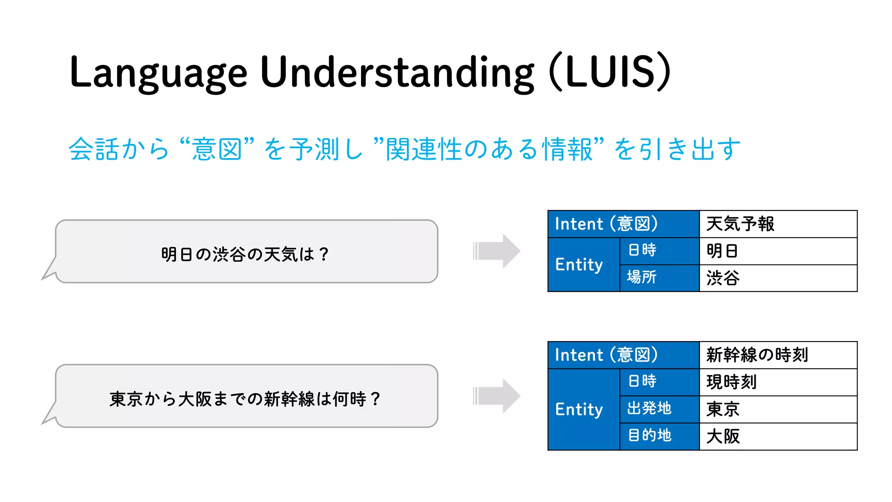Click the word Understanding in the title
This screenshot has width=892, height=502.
397,72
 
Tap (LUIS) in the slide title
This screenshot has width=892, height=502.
610,72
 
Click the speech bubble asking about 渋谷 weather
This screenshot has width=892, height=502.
246,252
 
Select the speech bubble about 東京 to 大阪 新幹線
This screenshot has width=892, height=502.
246,397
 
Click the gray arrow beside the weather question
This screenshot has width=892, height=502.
497,251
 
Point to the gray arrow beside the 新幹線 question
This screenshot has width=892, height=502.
497,396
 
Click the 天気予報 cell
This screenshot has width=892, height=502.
778,224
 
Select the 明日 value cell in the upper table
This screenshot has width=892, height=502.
778,251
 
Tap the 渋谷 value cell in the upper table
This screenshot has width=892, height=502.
778,278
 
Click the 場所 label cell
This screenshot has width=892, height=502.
659,278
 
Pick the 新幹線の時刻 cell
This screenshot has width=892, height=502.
778,355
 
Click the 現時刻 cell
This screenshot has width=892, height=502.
778,382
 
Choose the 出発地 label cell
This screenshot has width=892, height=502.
659,409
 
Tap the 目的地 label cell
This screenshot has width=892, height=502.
659,436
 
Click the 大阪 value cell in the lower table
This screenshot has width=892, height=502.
778,436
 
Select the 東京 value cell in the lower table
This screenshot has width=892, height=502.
778,409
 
